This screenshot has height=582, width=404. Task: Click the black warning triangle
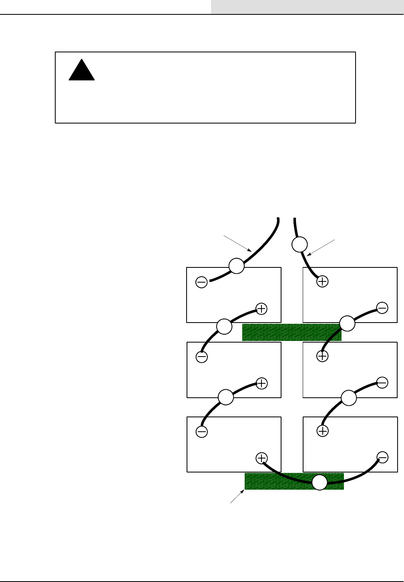tap(82, 71)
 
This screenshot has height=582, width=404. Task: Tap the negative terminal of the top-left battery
tap(201, 283)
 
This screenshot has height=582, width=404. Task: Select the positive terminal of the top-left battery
tap(261, 309)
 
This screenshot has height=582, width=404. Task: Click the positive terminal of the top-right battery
tap(322, 281)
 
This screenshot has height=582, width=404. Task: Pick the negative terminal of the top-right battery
tap(382, 308)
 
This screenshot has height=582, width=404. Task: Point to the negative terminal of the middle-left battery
tap(201, 357)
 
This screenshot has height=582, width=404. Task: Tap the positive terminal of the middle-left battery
tap(261, 383)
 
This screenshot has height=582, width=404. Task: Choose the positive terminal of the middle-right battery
tap(322, 356)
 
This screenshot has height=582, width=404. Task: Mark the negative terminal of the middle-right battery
tap(382, 383)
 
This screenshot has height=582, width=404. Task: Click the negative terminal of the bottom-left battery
tap(201, 431)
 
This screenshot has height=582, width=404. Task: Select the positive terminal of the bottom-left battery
tap(261, 458)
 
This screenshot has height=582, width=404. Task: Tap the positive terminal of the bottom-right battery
tap(322, 431)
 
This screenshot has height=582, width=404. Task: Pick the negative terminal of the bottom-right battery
tap(382, 457)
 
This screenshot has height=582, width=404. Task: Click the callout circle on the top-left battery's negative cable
tap(236, 266)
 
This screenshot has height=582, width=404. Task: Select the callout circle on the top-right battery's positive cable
tap(299, 244)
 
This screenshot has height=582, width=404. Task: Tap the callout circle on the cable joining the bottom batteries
tap(320, 482)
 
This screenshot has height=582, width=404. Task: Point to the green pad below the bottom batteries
tap(280, 481)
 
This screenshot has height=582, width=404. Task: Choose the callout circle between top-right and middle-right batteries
tap(347, 323)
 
